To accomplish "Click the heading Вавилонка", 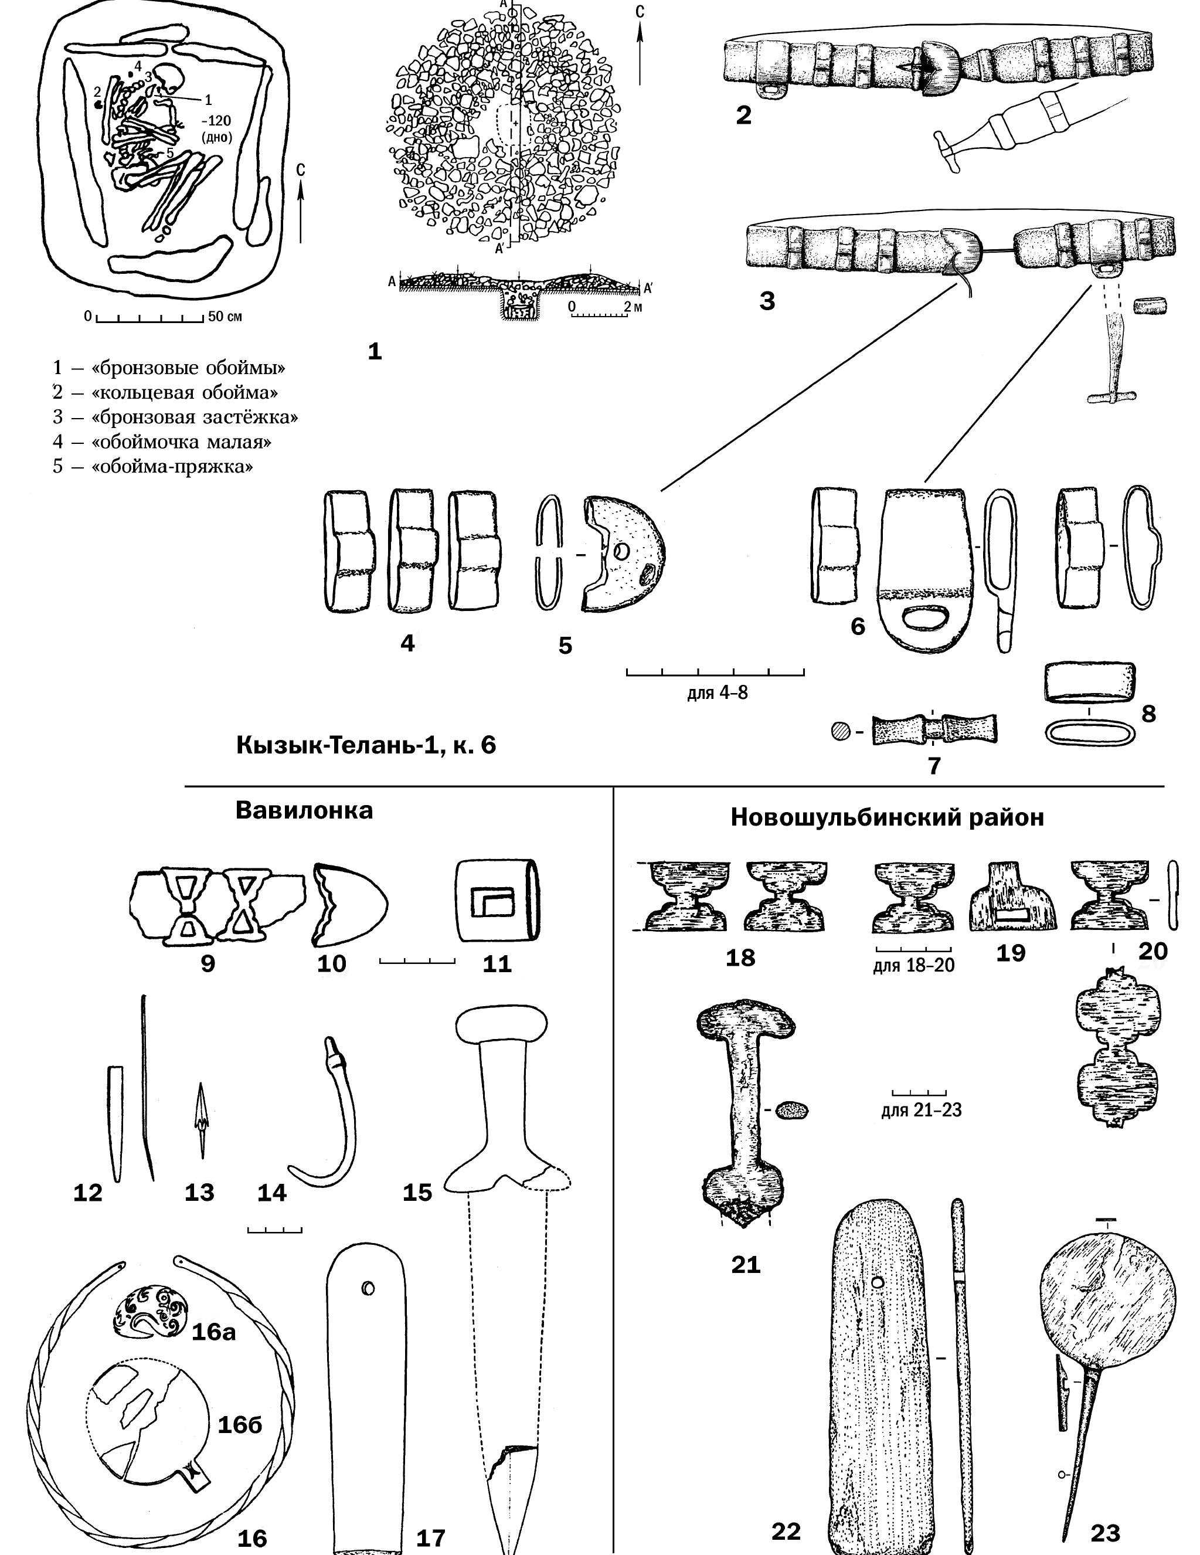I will [304, 810].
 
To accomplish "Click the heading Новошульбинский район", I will [887, 817].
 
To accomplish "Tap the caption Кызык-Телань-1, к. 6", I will [366, 745].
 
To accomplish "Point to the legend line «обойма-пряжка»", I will [152, 467].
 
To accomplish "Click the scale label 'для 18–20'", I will [913, 966].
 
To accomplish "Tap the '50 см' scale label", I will [225, 316].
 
